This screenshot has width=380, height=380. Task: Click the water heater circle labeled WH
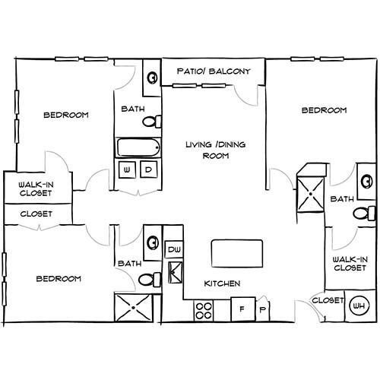pyautogui.click(x=359, y=306)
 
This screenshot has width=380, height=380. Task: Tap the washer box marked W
pyautogui.click(x=127, y=169)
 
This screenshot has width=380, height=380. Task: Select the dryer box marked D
pyautogui.click(x=149, y=169)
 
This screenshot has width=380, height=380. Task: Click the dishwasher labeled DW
pyautogui.click(x=174, y=249)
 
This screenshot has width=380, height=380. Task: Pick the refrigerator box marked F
pyautogui.click(x=243, y=309)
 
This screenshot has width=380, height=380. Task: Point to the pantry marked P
pyautogui.click(x=263, y=309)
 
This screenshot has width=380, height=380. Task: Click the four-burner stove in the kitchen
pyautogui.click(x=204, y=311)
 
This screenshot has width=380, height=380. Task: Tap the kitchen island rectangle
pyautogui.click(x=237, y=253)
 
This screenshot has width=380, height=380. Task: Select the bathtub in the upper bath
pyautogui.click(x=138, y=147)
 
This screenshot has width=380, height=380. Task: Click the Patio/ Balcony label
pyautogui.click(x=214, y=71)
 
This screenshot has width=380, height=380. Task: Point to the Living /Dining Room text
pyautogui.click(x=216, y=150)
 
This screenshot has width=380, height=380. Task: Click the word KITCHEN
pyautogui.click(x=222, y=283)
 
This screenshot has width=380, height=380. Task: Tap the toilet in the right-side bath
pyautogui.click(x=364, y=214)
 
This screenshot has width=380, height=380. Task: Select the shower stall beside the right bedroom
pyautogui.click(x=311, y=195)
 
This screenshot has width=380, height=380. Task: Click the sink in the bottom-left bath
pyautogui.click(x=153, y=242)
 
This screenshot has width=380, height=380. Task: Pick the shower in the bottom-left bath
pyautogui.click(x=134, y=308)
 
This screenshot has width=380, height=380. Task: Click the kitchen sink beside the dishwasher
pyautogui.click(x=176, y=272)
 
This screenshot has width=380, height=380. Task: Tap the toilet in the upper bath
pyautogui.click(x=152, y=122)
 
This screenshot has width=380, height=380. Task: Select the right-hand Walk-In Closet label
pyautogui.click(x=350, y=264)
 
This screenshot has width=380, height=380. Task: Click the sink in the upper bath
pyautogui.click(x=152, y=78)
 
